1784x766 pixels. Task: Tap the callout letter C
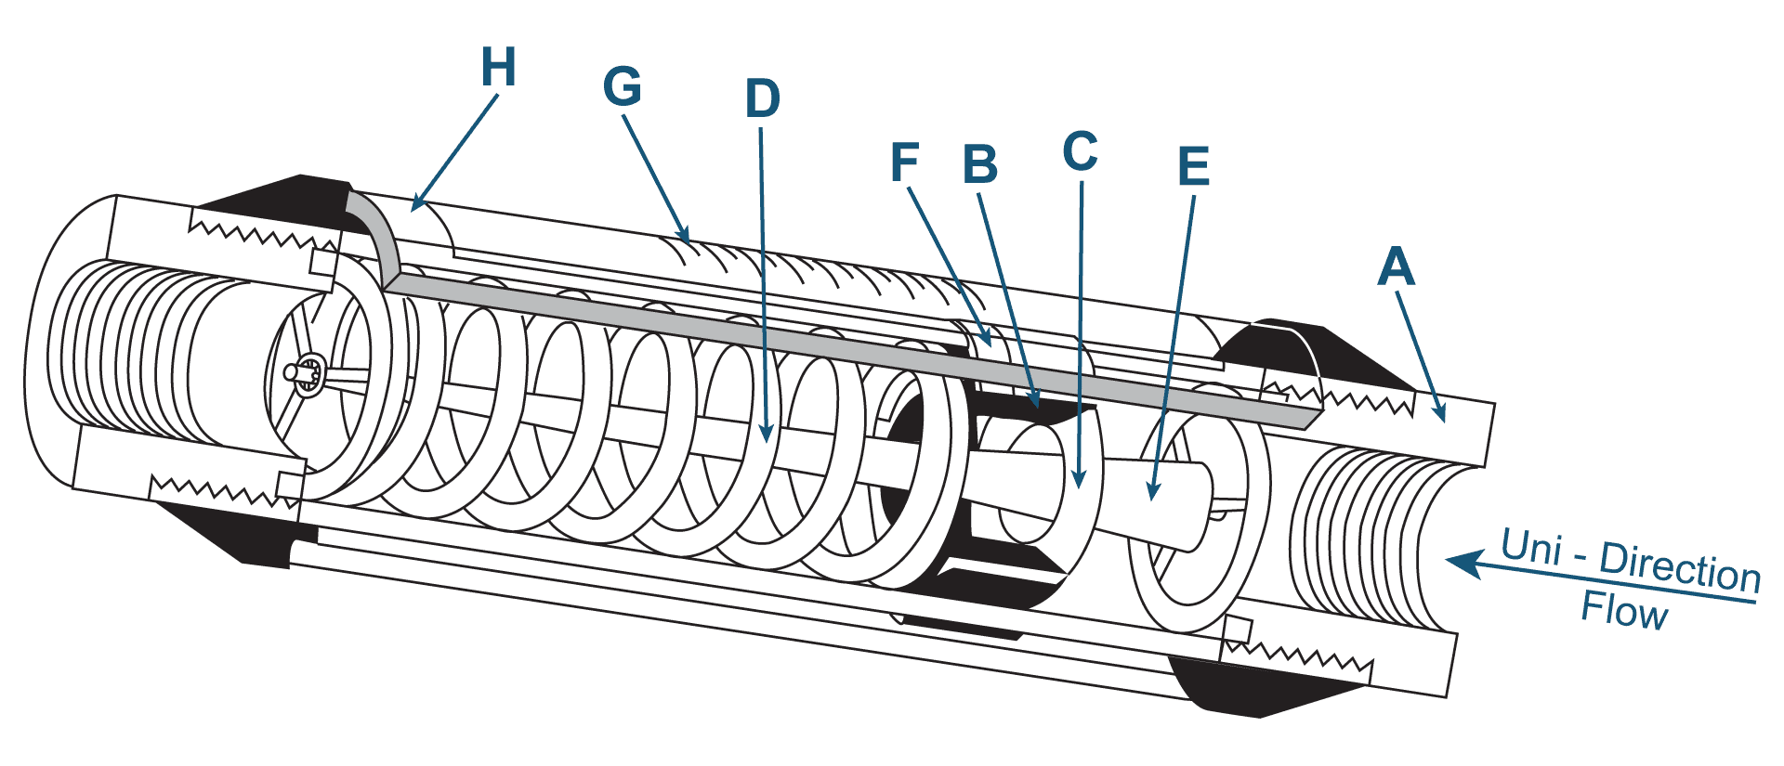(x=1080, y=151)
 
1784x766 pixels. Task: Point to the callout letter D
(x=762, y=98)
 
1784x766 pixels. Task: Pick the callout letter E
(x=1193, y=167)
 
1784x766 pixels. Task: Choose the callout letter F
(x=904, y=162)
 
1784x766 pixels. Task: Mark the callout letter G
(x=622, y=86)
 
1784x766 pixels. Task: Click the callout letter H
(x=498, y=67)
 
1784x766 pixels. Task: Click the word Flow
(x=1624, y=611)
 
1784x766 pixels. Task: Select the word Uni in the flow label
(x=1530, y=546)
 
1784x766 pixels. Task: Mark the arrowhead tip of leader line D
(x=766, y=441)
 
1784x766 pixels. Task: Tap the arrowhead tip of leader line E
(x=1151, y=500)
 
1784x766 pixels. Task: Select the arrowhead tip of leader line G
(x=689, y=241)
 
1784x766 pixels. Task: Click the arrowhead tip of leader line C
(x=1080, y=487)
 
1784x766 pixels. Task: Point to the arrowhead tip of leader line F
(x=990, y=348)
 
